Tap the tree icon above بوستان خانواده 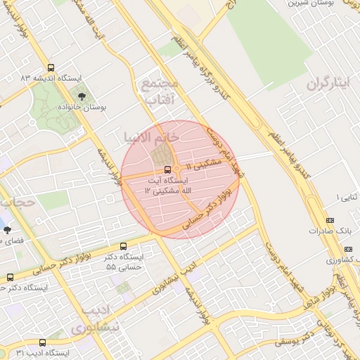click(84, 96)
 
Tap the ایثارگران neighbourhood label click(328, 84)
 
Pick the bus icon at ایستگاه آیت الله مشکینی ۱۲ click(167, 169)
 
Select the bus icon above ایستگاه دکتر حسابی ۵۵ click(124, 246)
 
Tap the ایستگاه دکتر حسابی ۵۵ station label click(124, 262)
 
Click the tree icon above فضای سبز click(7, 230)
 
